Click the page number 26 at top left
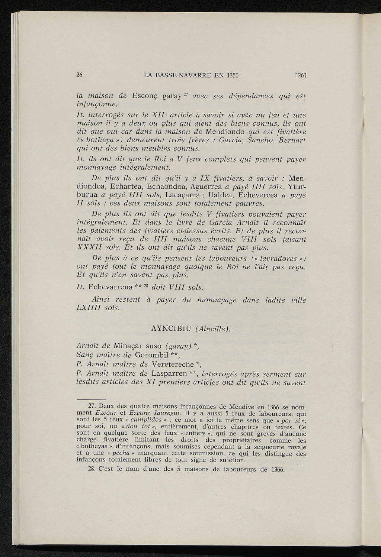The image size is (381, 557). coord(79,75)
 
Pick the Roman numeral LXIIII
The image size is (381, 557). coord(89,308)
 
